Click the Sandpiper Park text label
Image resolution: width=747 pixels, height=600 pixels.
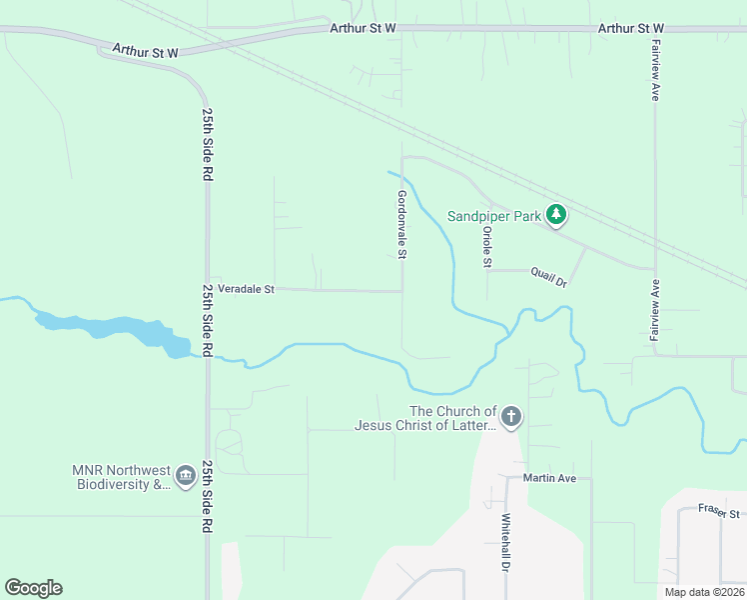click(x=492, y=216)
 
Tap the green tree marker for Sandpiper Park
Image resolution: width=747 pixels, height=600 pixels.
click(x=556, y=216)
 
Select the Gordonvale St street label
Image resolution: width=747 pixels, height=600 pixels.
click(x=401, y=225)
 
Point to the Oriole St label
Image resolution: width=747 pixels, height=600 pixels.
click(x=487, y=247)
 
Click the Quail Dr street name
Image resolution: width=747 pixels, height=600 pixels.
click(x=548, y=275)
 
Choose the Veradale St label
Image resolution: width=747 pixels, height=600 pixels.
click(x=246, y=289)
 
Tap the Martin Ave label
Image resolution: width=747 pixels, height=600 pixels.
click(x=550, y=479)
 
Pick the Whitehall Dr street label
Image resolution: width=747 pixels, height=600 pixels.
click(x=505, y=543)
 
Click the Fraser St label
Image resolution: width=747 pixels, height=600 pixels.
click(x=718, y=511)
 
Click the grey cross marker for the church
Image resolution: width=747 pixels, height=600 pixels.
click(x=510, y=417)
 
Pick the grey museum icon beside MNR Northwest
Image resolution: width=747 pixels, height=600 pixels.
click(x=185, y=477)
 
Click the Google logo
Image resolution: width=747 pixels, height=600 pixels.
click(x=33, y=588)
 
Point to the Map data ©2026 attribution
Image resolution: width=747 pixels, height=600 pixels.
click(x=703, y=592)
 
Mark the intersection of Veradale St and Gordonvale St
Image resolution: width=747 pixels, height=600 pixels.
click(x=402, y=291)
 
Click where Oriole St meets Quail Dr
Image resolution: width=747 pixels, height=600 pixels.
click(x=487, y=270)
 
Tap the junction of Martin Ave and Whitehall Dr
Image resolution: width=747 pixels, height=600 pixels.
click(x=506, y=479)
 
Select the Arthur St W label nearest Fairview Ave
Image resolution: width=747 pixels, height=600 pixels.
click(x=631, y=28)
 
